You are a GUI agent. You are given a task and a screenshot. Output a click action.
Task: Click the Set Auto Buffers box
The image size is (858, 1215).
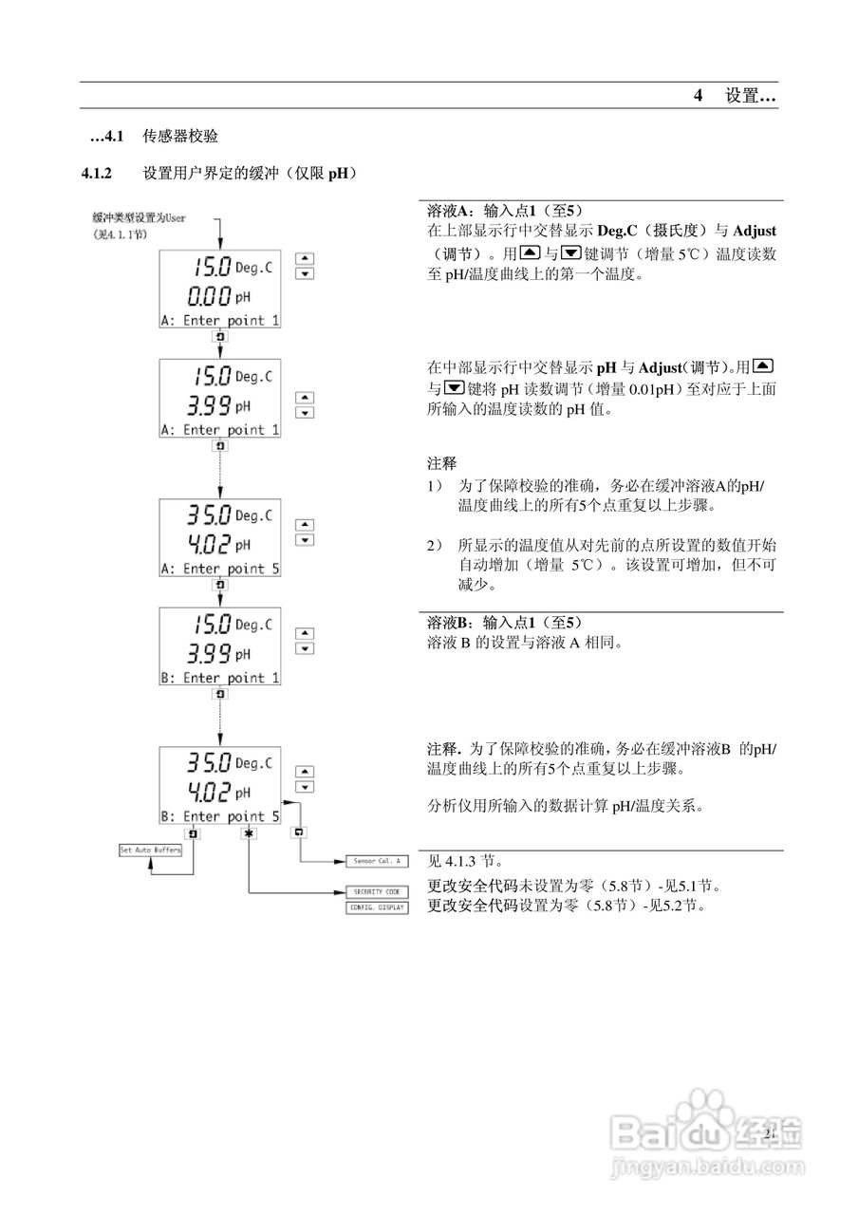(150, 850)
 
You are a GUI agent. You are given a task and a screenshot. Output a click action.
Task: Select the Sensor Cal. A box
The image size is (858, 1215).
(376, 861)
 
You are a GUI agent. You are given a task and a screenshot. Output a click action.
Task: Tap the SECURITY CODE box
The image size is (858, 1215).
(376, 891)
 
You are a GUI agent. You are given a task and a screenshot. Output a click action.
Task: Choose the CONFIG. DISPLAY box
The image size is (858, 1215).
(376, 907)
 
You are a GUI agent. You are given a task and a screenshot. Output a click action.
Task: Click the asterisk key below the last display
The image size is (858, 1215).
(249, 832)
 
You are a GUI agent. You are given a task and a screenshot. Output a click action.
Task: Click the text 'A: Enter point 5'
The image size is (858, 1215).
(219, 569)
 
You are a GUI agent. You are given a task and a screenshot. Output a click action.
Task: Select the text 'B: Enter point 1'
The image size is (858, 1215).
(219, 678)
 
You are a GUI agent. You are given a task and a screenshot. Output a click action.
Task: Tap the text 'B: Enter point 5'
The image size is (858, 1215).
(219, 815)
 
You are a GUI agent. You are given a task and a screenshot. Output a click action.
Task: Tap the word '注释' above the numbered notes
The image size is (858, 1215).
(441, 464)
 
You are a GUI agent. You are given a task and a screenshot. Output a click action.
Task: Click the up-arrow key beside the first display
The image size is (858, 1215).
(305, 258)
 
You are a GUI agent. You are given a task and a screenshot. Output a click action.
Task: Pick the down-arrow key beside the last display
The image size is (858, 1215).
(305, 788)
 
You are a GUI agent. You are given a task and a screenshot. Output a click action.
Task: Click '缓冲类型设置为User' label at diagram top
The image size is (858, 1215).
(139, 217)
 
